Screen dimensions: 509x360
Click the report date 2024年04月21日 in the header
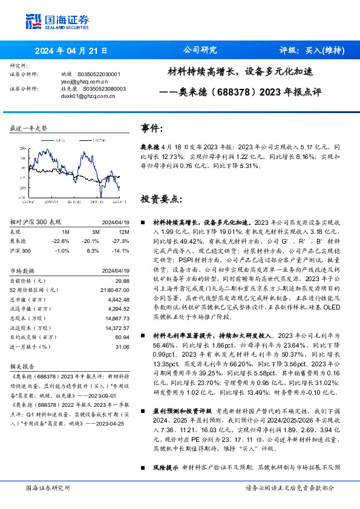(71, 51)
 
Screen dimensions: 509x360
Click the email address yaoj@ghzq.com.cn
(84, 80)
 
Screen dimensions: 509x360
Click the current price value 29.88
(122, 280)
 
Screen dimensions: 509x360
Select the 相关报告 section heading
(24, 366)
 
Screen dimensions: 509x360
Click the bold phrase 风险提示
(165, 467)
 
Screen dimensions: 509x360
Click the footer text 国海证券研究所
(48, 488)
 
